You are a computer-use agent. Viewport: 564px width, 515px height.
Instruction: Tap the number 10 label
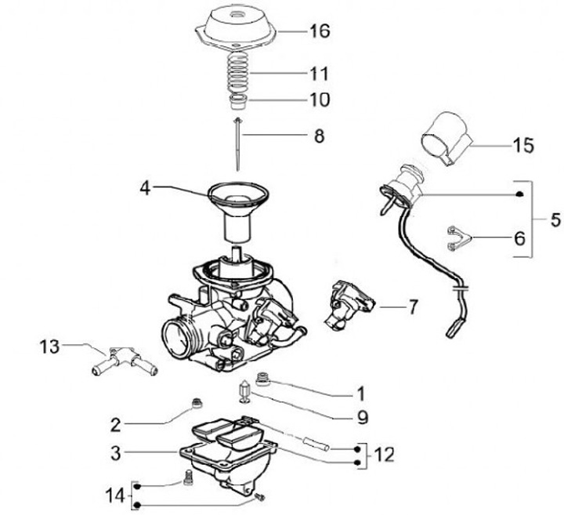coord(319,100)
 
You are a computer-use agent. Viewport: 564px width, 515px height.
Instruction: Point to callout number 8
coord(319,136)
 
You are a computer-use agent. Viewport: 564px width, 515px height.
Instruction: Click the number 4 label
coord(145,188)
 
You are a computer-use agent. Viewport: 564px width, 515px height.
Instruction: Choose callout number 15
coord(522,145)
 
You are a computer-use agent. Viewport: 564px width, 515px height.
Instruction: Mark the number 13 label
coord(49,345)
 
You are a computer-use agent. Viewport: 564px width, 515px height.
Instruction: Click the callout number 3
coord(114,452)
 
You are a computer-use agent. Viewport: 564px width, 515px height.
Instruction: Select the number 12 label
coord(385,454)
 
